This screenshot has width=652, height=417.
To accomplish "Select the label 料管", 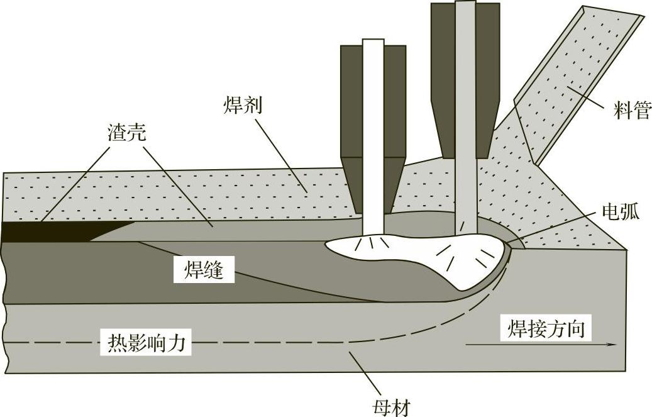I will coord(631,113).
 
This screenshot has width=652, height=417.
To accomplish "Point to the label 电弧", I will coord(620,211).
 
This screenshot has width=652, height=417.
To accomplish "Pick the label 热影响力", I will coord(146,344).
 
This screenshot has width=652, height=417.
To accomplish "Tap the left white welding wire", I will coord(373,126).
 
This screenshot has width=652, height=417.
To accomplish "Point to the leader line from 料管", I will coord(588,100).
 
